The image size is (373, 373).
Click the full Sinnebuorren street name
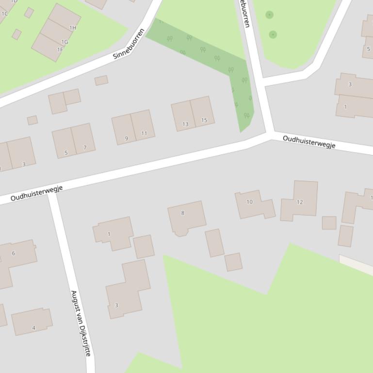point(129,44)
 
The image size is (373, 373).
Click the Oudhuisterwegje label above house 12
point(309,142)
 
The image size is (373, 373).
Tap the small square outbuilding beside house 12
point(329,222)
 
